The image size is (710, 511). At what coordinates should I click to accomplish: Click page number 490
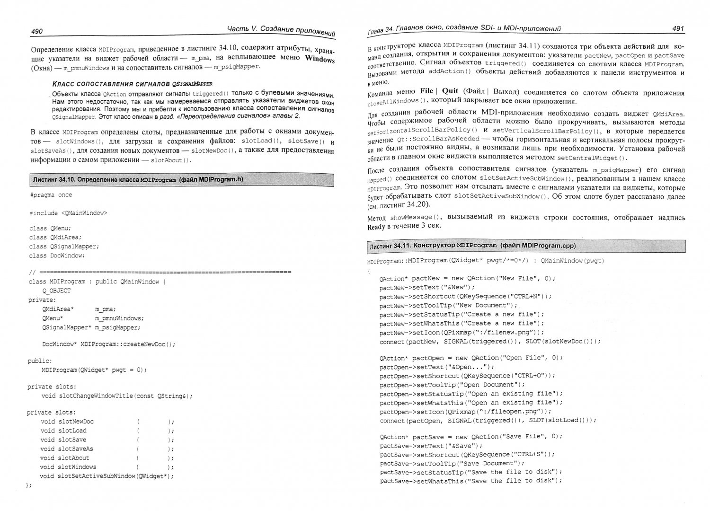tap(36, 31)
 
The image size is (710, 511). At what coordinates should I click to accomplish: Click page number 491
tap(678, 29)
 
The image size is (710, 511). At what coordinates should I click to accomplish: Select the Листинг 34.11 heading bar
tap(526, 246)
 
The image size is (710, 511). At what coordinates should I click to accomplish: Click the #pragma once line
tap(51, 195)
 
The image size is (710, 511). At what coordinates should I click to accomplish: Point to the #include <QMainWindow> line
tap(68, 213)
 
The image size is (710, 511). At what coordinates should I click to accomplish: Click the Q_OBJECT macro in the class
tap(56, 291)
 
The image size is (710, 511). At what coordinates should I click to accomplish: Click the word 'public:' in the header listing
tap(40, 361)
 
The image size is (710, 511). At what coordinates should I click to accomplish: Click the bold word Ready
tap(376, 226)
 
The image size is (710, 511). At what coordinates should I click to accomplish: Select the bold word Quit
tap(450, 91)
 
